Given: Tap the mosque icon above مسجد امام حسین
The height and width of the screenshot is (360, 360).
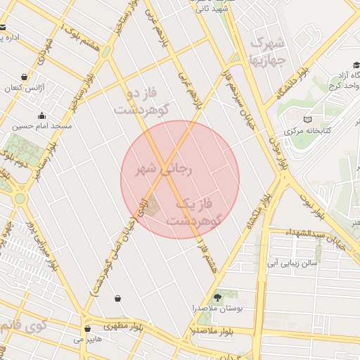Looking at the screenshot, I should pos(41,116).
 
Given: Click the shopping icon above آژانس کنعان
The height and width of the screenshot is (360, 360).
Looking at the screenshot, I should pos(25,77).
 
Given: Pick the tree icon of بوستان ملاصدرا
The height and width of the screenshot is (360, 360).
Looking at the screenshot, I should pos(217,297).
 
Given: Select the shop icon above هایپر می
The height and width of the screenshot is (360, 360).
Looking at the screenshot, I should pos(87,328).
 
